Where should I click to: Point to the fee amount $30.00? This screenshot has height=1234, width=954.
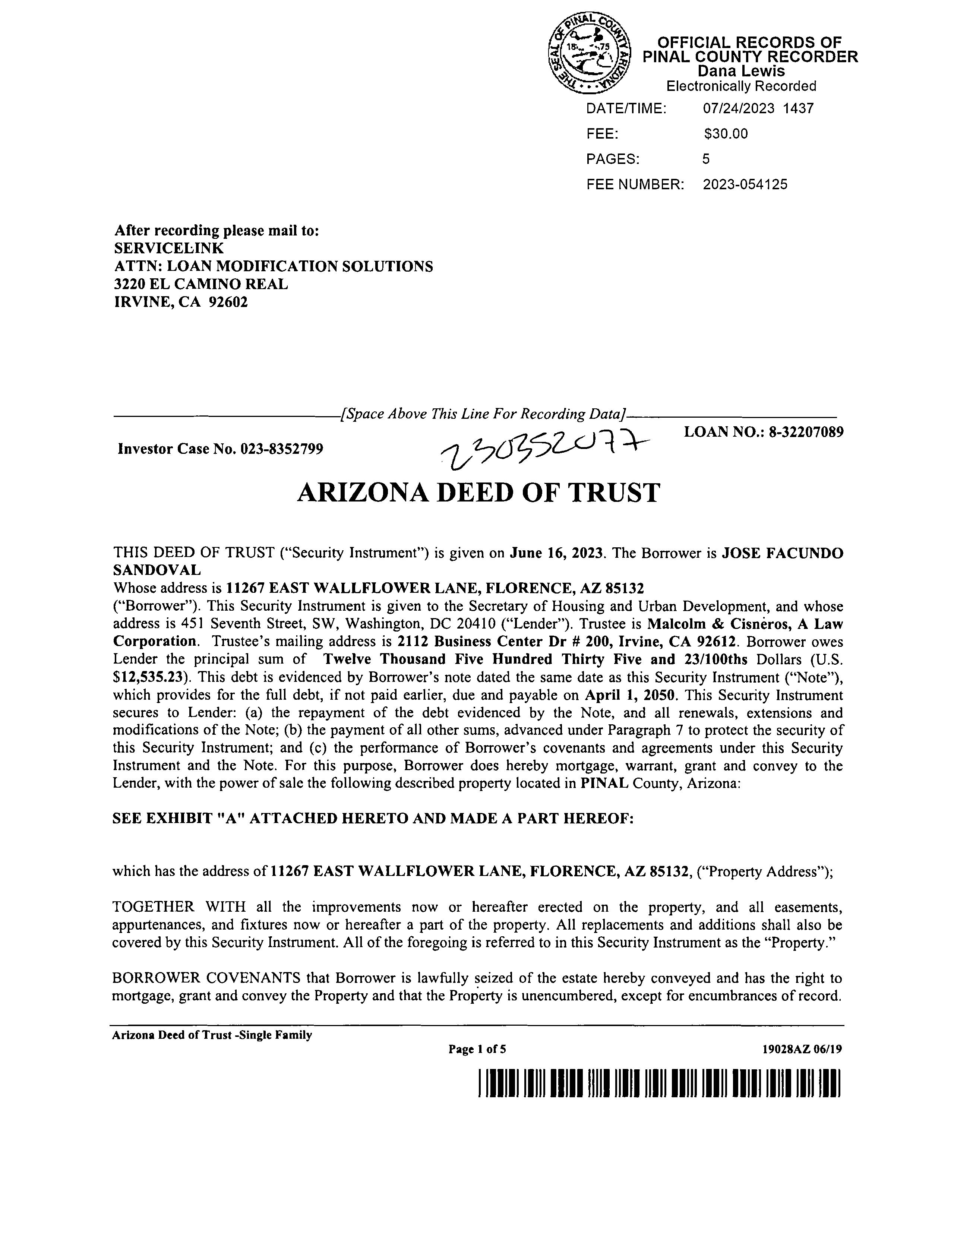726,134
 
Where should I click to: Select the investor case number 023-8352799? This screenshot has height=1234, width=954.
282,449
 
